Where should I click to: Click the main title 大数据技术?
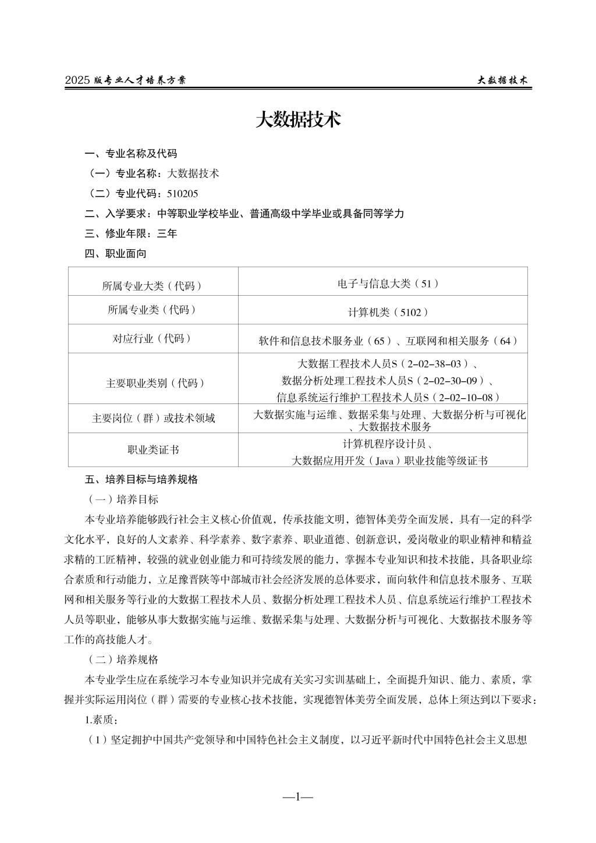pos(297,121)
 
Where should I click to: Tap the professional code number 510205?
pos(182,193)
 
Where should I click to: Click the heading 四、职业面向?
pos(115,253)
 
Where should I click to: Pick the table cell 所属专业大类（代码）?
pos(152,286)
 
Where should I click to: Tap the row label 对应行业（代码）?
pos(152,338)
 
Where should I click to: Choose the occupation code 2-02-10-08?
pos(467,398)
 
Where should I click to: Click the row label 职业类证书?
pos(153,449)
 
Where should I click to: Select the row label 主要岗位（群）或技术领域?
pos(153,418)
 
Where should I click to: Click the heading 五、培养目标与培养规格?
pos(141,480)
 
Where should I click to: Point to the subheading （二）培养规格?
pos(123,660)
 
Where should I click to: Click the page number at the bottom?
pos(297,796)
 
